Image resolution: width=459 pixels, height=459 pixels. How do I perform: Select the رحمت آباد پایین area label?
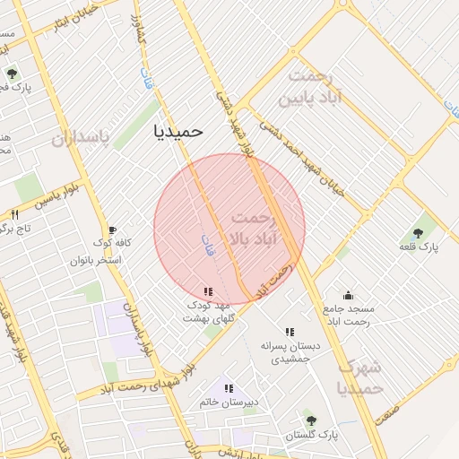[311, 87]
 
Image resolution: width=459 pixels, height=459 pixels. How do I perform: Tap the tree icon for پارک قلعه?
[420, 231]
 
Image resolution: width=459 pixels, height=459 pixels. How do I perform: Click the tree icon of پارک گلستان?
[310, 420]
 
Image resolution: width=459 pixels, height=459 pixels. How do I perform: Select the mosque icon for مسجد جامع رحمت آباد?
[348, 296]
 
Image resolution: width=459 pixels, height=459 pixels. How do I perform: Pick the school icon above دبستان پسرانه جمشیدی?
[290, 332]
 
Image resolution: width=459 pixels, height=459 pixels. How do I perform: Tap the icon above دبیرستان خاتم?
[229, 388]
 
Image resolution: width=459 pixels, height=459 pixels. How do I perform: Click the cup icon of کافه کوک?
[112, 229]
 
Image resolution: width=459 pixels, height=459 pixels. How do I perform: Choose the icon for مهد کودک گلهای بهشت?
[208, 291]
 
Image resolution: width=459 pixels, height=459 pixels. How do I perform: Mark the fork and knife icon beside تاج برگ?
[14, 214]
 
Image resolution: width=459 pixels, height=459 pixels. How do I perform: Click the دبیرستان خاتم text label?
[229, 403]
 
